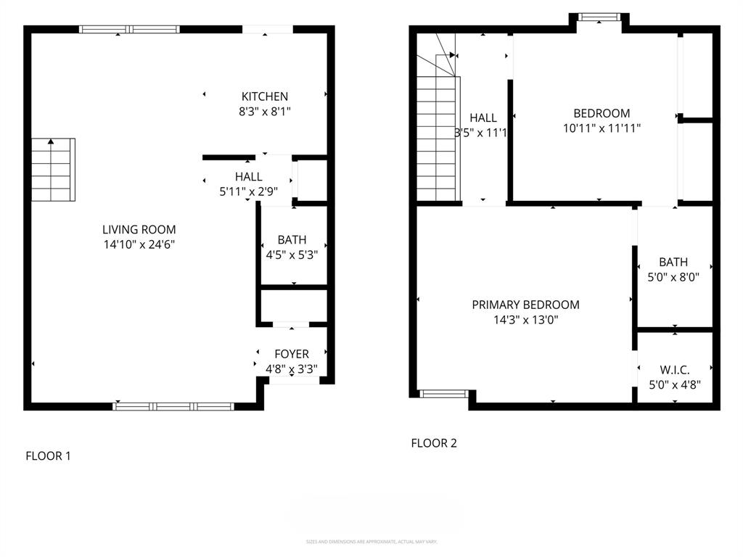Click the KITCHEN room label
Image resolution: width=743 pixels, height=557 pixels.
[x=265, y=96]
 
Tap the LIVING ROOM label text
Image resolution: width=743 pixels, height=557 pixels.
[x=139, y=230]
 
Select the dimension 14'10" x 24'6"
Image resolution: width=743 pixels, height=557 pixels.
[x=139, y=245]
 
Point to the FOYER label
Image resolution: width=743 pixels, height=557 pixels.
[x=291, y=354]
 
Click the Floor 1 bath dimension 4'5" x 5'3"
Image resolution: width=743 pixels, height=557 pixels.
[x=292, y=255]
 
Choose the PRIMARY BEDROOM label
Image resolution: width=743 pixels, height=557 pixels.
[x=525, y=305]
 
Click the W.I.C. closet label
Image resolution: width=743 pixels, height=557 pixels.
[x=674, y=370]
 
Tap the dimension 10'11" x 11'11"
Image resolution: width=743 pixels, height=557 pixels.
[x=602, y=128]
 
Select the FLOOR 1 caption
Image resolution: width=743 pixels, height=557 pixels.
[x=49, y=456]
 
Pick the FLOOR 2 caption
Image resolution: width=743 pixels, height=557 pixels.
[x=434, y=443]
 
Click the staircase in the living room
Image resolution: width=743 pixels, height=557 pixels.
[x=53, y=170]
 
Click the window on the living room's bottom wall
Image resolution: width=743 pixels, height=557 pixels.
[x=174, y=406]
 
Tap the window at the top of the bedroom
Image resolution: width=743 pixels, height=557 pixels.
[x=599, y=16]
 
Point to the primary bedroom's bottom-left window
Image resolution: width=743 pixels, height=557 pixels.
[x=444, y=394]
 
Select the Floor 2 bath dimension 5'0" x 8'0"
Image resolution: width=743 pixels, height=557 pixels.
[x=673, y=277]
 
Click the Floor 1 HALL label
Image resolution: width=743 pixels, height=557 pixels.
[x=248, y=177]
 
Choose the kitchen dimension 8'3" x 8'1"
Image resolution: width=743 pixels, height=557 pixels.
[x=265, y=112]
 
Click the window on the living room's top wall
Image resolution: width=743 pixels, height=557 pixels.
[x=129, y=30]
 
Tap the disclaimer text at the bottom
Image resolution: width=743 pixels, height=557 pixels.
[x=371, y=542]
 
